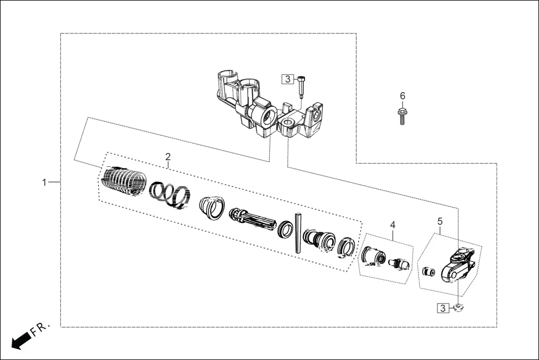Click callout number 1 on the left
coord(44,183)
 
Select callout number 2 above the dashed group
coord(168,157)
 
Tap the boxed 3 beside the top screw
coord(287,79)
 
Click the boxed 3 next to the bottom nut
coord(442,308)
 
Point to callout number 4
coord(392,224)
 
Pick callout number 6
coord(402,96)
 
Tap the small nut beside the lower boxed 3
coord(458,307)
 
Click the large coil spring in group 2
coord(124,181)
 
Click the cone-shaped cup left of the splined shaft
coord(212,208)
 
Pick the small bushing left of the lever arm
coord(428,272)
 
